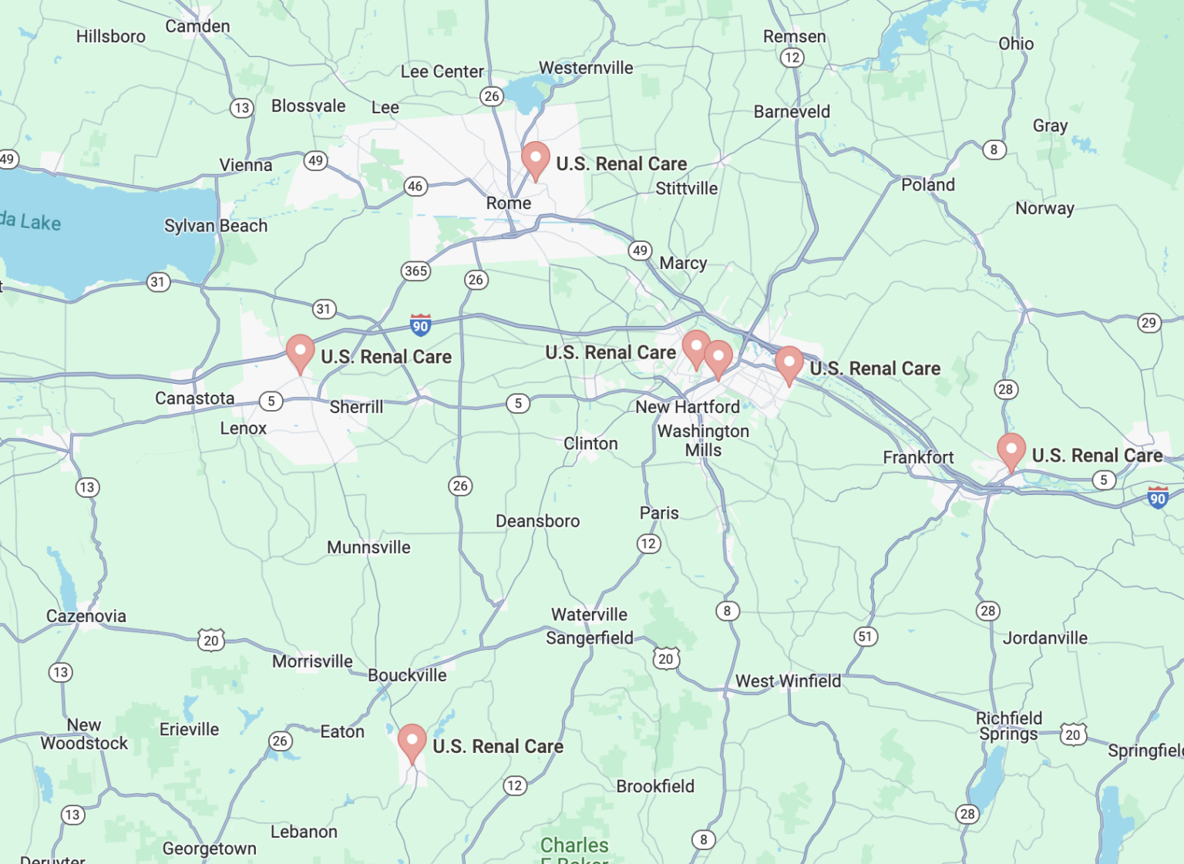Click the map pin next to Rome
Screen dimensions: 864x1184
[535, 158]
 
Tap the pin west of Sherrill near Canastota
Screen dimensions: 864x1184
[300, 351]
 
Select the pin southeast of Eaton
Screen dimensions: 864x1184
[412, 741]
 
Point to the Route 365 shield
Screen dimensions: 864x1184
[415, 271]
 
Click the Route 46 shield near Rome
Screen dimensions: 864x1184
[415, 186]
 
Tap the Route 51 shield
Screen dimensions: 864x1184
[866, 637]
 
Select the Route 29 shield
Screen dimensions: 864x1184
[1149, 322]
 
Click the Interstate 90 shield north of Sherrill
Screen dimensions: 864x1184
[420, 325]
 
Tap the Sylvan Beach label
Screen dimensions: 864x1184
[216, 226]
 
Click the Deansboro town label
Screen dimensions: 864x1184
[537, 521]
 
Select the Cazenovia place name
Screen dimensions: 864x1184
[86, 616]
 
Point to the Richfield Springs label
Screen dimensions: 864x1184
[1008, 726]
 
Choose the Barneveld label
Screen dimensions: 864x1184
[792, 112]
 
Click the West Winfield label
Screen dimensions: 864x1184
[788, 681]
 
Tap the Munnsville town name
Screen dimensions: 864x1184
[368, 547]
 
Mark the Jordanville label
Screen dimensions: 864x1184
[1044, 638]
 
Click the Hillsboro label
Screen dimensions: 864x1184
[110, 36]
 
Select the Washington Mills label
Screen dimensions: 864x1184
[703, 440]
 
